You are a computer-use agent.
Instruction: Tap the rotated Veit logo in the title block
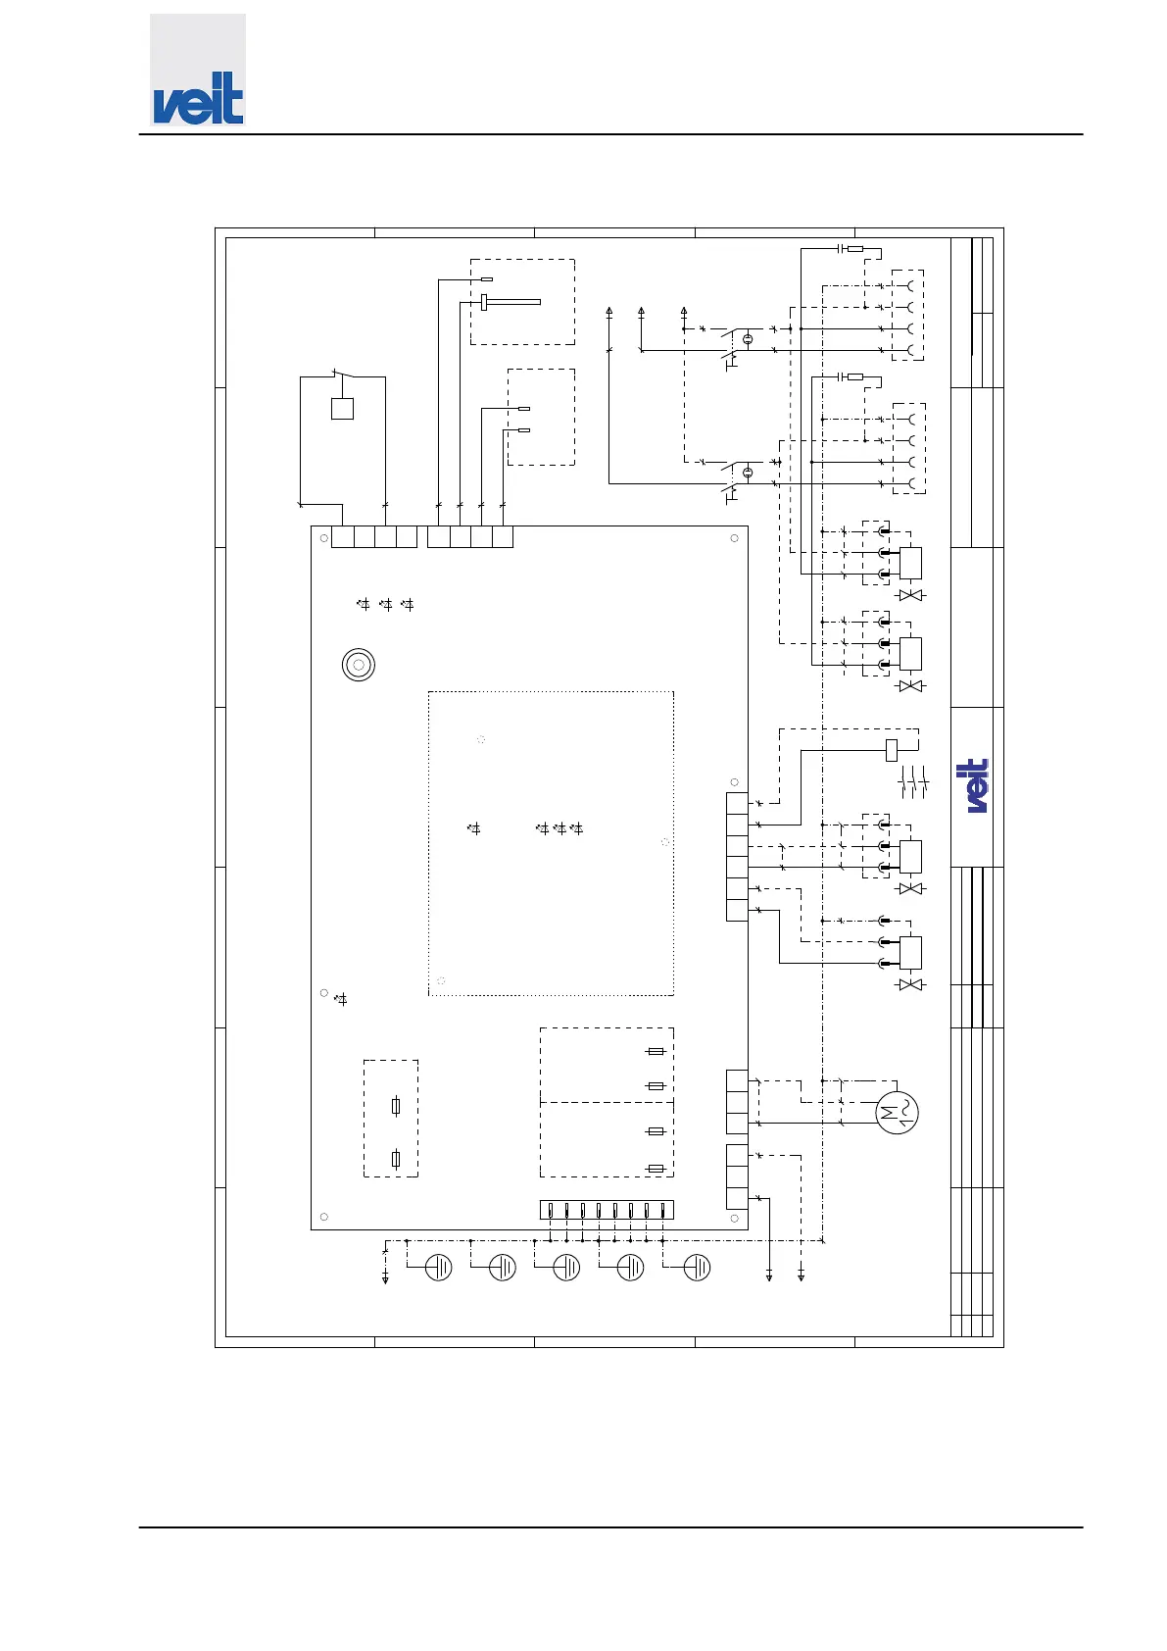pyautogui.click(x=977, y=785)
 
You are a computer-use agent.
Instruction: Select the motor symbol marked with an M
pyautogui.click(x=897, y=1112)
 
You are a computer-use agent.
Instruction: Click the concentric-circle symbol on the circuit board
pyautogui.click(x=359, y=665)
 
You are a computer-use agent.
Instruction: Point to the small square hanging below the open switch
pyautogui.click(x=342, y=409)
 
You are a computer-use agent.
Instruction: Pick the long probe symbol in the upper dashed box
pyautogui.click(x=511, y=302)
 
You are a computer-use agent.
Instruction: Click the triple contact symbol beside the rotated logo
pyautogui.click(x=913, y=784)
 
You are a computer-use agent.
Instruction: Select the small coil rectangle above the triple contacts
pyautogui.click(x=891, y=750)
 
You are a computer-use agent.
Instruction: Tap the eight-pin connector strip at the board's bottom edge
pyautogui.click(x=607, y=1210)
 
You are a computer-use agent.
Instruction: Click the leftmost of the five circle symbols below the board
pyautogui.click(x=439, y=1268)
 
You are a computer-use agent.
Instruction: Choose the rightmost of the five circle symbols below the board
pyautogui.click(x=697, y=1268)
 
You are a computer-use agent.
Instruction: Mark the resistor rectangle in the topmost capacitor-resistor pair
pyautogui.click(x=855, y=249)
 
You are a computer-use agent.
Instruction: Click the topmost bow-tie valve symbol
pyautogui.click(x=911, y=596)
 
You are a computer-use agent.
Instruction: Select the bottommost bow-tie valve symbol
pyautogui.click(x=911, y=984)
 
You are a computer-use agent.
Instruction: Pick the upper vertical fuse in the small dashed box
pyautogui.click(x=395, y=1107)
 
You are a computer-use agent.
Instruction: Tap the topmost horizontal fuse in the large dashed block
pyautogui.click(x=656, y=1052)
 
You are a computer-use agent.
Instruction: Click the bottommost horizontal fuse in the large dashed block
pyautogui.click(x=656, y=1169)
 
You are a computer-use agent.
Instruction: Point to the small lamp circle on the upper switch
pyautogui.click(x=748, y=339)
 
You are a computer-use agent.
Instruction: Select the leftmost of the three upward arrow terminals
pyautogui.click(x=609, y=313)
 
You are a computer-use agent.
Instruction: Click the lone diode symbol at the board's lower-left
pyautogui.click(x=341, y=1000)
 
